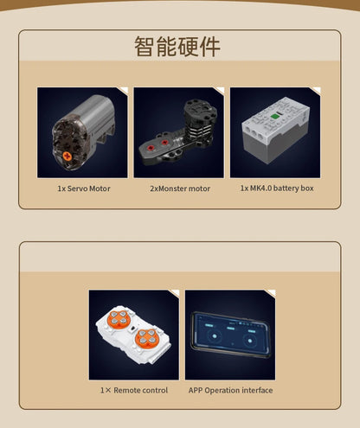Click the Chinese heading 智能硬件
[177, 47]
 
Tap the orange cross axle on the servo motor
[67, 157]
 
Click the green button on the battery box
[274, 117]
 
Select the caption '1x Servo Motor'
[84, 188]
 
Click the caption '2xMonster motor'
[180, 188]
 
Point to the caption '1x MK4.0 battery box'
[277, 188]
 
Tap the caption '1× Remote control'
[134, 390]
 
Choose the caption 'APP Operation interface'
[230, 390]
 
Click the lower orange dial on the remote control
[147, 338]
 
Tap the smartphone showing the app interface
[230, 335]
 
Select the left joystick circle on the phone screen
[215, 336]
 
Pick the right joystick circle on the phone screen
[250, 341]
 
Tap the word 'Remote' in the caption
[125, 390]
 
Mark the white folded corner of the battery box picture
[317, 90]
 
